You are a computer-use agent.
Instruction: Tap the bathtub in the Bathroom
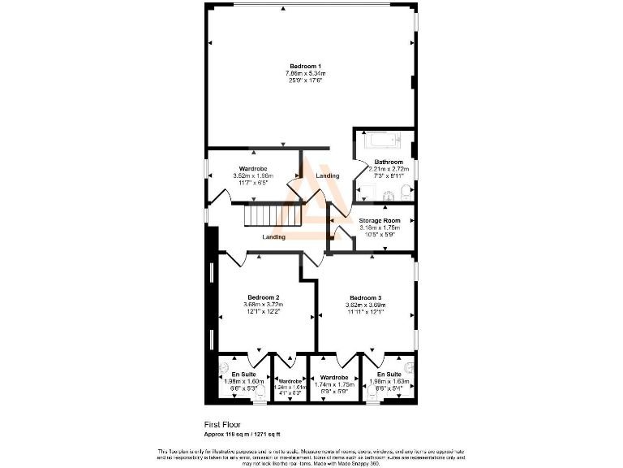tap(385, 141)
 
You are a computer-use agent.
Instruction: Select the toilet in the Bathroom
tap(403, 193)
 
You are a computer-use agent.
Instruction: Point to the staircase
tap(263, 216)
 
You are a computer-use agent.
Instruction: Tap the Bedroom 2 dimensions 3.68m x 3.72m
tap(264, 305)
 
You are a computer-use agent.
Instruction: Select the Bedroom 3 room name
tap(366, 297)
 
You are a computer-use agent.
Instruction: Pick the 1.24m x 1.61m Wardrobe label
tap(290, 380)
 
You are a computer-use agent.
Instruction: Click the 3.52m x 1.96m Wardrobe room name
tap(252, 168)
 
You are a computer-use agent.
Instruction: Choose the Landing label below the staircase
tap(273, 237)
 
